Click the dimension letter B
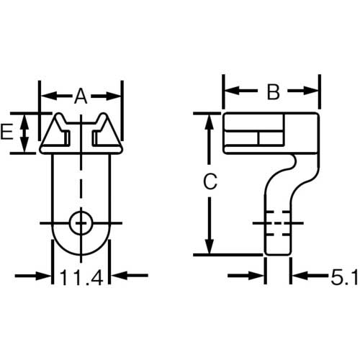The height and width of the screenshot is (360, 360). click(x=272, y=91)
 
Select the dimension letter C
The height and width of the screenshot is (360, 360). click(x=209, y=183)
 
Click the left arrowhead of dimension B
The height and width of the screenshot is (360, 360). click(x=229, y=91)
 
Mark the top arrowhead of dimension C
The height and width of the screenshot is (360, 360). click(x=209, y=120)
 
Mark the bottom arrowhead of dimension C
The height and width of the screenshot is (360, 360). click(x=209, y=248)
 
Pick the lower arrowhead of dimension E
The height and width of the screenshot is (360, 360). click(x=25, y=148)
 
